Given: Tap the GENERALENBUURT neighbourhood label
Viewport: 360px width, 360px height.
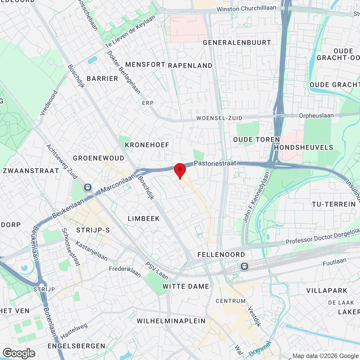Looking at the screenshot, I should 237,43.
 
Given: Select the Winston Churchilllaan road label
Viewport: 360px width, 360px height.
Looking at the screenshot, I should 246,9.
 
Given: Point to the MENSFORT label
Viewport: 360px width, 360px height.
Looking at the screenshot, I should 145,65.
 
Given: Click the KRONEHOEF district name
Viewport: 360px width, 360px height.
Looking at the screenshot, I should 147,145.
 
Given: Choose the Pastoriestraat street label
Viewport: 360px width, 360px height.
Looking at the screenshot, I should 215,163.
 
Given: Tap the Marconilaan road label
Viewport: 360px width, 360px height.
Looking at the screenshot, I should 118,183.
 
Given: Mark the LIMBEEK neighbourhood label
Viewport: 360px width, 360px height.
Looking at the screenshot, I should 144,219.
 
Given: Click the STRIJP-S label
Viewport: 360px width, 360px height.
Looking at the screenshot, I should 93,230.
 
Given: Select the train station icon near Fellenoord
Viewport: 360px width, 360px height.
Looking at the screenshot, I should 244,266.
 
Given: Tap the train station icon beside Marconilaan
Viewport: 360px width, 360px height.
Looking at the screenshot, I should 88,187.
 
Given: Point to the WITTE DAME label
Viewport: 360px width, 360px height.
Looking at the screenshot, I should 186,287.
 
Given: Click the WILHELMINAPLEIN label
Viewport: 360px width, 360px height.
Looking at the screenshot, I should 171,321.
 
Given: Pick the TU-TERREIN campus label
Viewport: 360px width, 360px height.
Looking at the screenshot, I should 334,204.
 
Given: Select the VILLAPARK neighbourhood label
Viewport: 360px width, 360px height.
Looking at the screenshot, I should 327,291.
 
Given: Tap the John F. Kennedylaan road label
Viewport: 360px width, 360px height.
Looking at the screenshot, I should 256,197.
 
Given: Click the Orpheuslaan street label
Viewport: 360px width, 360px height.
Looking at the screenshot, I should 316,116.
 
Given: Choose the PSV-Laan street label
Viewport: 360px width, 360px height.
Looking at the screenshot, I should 156,271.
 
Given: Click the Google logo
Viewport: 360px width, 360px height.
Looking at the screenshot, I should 19,353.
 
